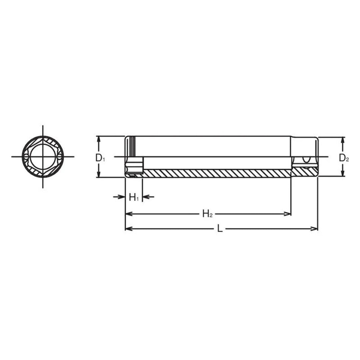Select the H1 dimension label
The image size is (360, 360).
click(x=134, y=198)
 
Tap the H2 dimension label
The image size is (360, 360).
click(x=207, y=214)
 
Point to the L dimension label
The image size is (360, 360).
click(x=220, y=229)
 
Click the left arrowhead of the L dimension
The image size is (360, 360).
click(x=128, y=229)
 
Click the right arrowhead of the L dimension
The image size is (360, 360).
click(x=315, y=229)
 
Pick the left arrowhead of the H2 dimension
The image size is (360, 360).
click(x=128, y=214)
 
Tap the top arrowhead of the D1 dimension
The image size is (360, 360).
click(x=99, y=139)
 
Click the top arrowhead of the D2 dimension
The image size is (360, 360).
click(x=342, y=140)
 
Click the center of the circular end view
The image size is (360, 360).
click(x=43, y=157)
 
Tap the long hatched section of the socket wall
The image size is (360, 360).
click(x=217, y=173)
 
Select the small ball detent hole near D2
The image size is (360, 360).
click(x=304, y=160)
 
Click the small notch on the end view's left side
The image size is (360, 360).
click(x=26, y=157)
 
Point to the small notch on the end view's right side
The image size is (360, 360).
click(x=59, y=157)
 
